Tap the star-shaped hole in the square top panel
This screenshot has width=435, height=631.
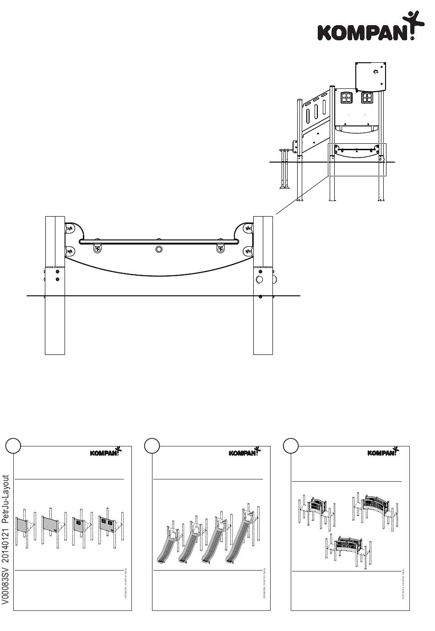pos(375,71)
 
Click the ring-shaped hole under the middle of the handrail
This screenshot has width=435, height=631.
pos(159,249)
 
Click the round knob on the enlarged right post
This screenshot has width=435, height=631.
pos(260,279)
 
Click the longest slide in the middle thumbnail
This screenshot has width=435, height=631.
pos(238,543)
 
